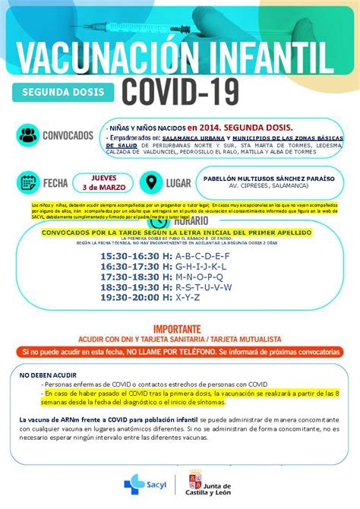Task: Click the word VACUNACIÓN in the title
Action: point(97,58)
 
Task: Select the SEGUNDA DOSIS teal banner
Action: point(63,92)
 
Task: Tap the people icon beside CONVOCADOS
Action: point(29,135)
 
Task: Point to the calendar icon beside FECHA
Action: point(29,182)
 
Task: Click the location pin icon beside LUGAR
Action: point(152,182)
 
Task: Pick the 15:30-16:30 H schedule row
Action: point(164,256)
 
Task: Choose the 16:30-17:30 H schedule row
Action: point(163,267)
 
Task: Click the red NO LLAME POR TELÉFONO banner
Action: point(180,353)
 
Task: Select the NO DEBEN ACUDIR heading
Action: point(48,375)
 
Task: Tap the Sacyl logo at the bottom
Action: point(144,482)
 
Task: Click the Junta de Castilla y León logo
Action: point(213,482)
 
